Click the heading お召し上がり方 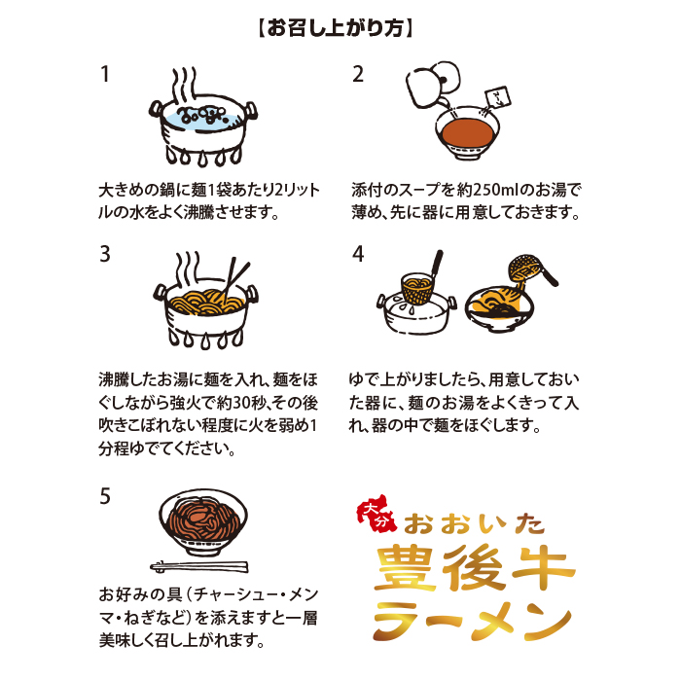coord(336,28)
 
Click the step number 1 coord(105,74)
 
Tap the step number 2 coord(358,74)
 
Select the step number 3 coord(105,254)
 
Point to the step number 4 coord(358,254)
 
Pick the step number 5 coord(105,496)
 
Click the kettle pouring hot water coord(433,85)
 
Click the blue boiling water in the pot coord(202,119)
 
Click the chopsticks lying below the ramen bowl coord(199,567)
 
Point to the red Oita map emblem coord(377,514)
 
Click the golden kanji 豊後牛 coord(475,567)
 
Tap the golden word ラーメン coord(472,621)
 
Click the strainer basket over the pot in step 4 coord(417,287)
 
